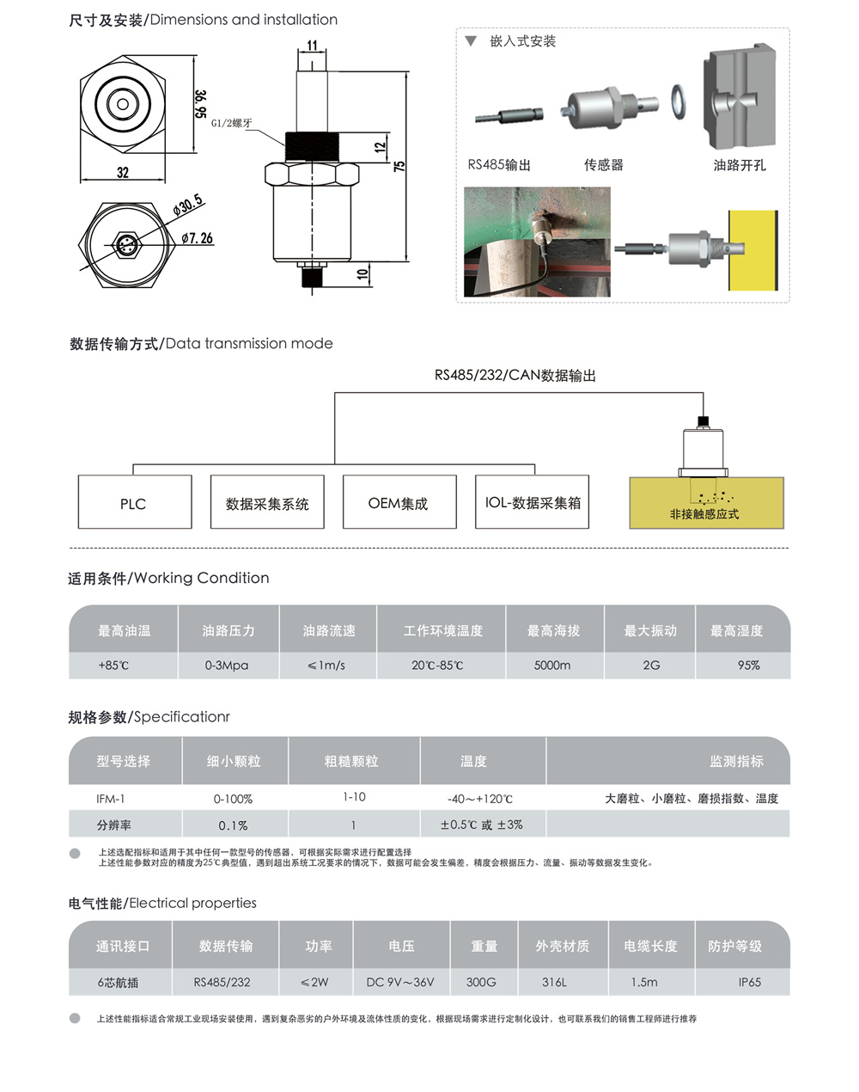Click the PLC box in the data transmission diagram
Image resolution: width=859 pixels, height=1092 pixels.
point(134,502)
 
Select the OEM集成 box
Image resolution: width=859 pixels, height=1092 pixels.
point(399,502)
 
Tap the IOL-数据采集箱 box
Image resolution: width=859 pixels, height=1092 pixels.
point(533,502)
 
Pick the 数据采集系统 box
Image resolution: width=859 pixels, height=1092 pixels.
point(267,502)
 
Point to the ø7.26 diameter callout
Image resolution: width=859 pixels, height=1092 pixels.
point(198,238)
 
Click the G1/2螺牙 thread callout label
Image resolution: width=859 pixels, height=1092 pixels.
point(232,123)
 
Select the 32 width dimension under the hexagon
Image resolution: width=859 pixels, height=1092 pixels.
point(123,173)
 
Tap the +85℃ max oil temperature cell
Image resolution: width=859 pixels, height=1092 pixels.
point(113,666)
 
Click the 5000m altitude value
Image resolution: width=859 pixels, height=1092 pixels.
point(552,666)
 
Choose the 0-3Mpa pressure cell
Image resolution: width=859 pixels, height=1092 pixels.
point(227,666)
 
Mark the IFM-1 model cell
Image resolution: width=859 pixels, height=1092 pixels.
point(111,799)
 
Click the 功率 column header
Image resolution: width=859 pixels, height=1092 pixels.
point(318,946)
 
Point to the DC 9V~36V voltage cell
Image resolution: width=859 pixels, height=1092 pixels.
point(400,982)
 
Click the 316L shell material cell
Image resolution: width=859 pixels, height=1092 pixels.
point(554,982)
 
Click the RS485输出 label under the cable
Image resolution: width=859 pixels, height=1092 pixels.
point(499,165)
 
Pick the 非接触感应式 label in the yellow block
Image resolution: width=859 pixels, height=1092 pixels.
point(704,514)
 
